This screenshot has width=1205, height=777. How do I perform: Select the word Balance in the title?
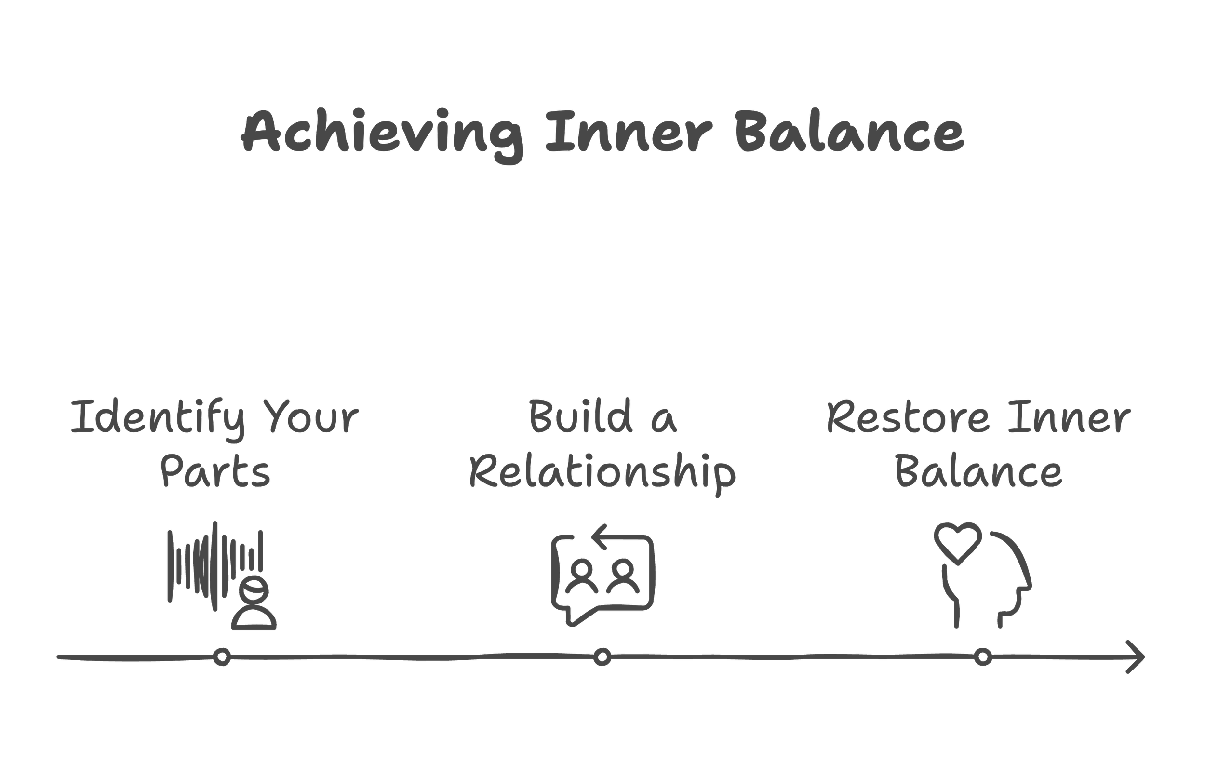coord(849,131)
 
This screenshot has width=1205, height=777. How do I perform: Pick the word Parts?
coord(215,472)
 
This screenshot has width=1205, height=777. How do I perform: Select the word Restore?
coord(908,418)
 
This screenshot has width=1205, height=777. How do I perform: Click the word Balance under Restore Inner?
coord(978,472)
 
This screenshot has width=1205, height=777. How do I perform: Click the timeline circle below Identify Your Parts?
coord(222,657)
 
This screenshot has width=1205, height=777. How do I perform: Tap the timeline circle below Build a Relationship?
coord(602,657)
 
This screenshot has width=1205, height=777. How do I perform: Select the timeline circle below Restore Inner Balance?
coord(983,657)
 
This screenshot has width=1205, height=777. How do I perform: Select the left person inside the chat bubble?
coord(582,576)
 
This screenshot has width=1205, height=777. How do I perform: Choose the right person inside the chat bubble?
coord(623,576)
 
